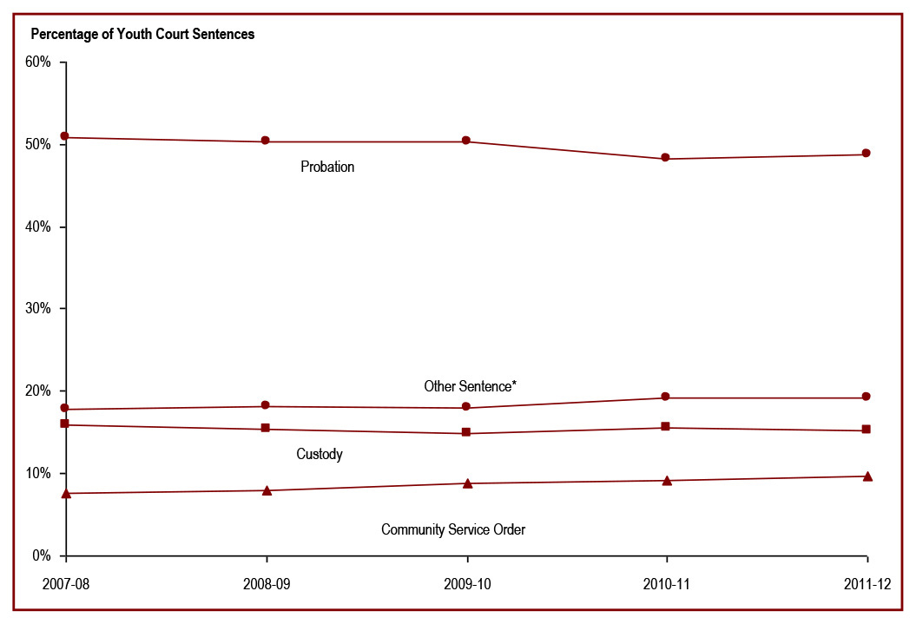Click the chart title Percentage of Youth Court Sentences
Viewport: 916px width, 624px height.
[x=142, y=35]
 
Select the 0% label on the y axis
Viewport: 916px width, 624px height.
[x=43, y=555]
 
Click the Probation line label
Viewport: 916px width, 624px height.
[x=327, y=167]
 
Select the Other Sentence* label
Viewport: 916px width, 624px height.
[x=470, y=385]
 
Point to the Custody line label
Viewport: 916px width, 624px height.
[x=320, y=454]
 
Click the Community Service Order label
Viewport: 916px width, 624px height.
[x=453, y=529]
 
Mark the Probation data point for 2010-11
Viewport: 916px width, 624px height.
[x=666, y=157]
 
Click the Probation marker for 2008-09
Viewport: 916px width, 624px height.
[x=266, y=141]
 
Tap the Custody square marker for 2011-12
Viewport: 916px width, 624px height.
[x=867, y=430]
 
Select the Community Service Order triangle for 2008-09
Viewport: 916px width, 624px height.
[x=267, y=490]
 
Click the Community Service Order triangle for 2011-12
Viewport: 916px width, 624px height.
[x=867, y=476]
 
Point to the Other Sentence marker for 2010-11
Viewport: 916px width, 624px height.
[x=666, y=397]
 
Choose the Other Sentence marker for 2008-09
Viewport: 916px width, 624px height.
[x=266, y=405]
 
